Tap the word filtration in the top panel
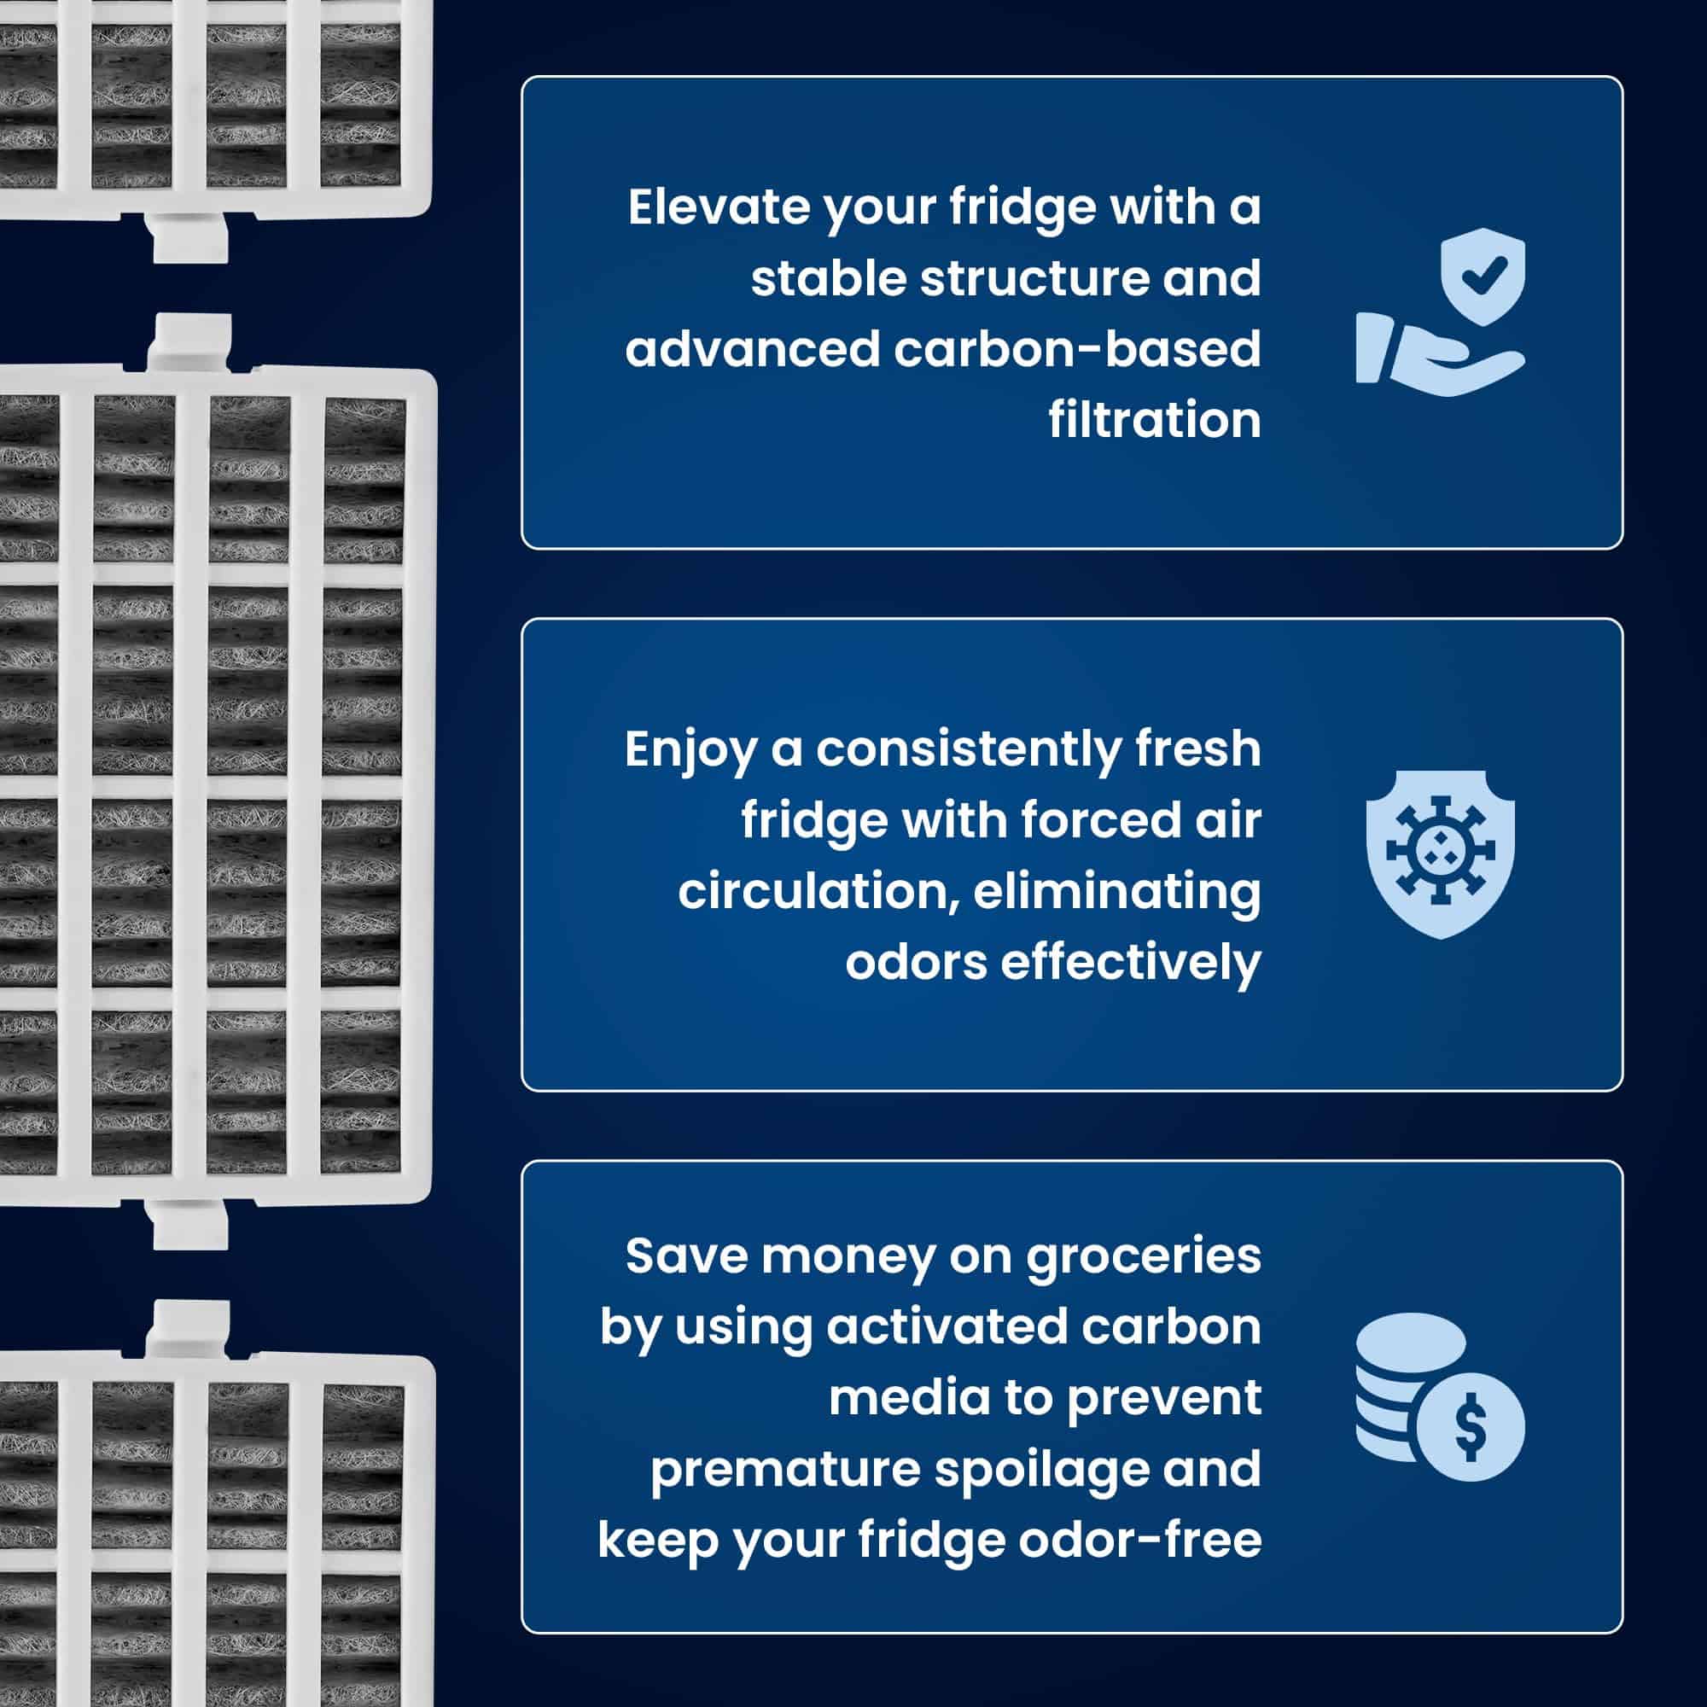click(1154, 421)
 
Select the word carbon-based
click(1077, 350)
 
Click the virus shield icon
click(1440, 853)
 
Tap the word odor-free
click(1139, 1540)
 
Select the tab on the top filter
click(191, 237)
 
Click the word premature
click(784, 1470)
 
